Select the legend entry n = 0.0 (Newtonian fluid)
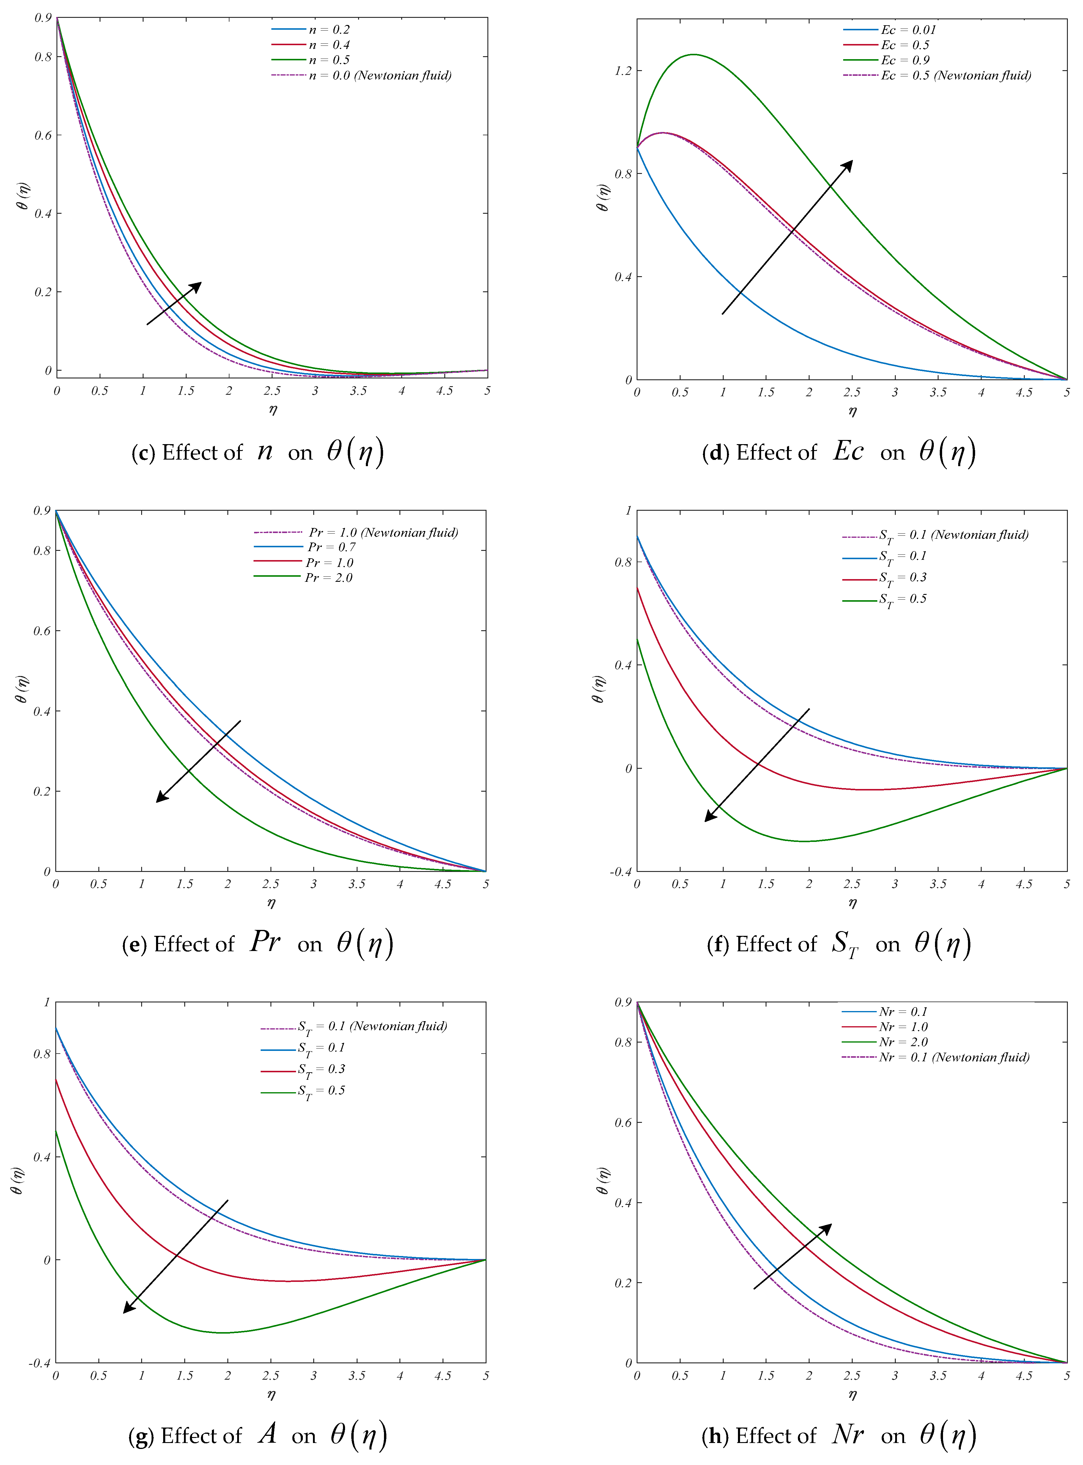(380, 76)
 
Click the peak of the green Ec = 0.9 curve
(693, 54)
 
